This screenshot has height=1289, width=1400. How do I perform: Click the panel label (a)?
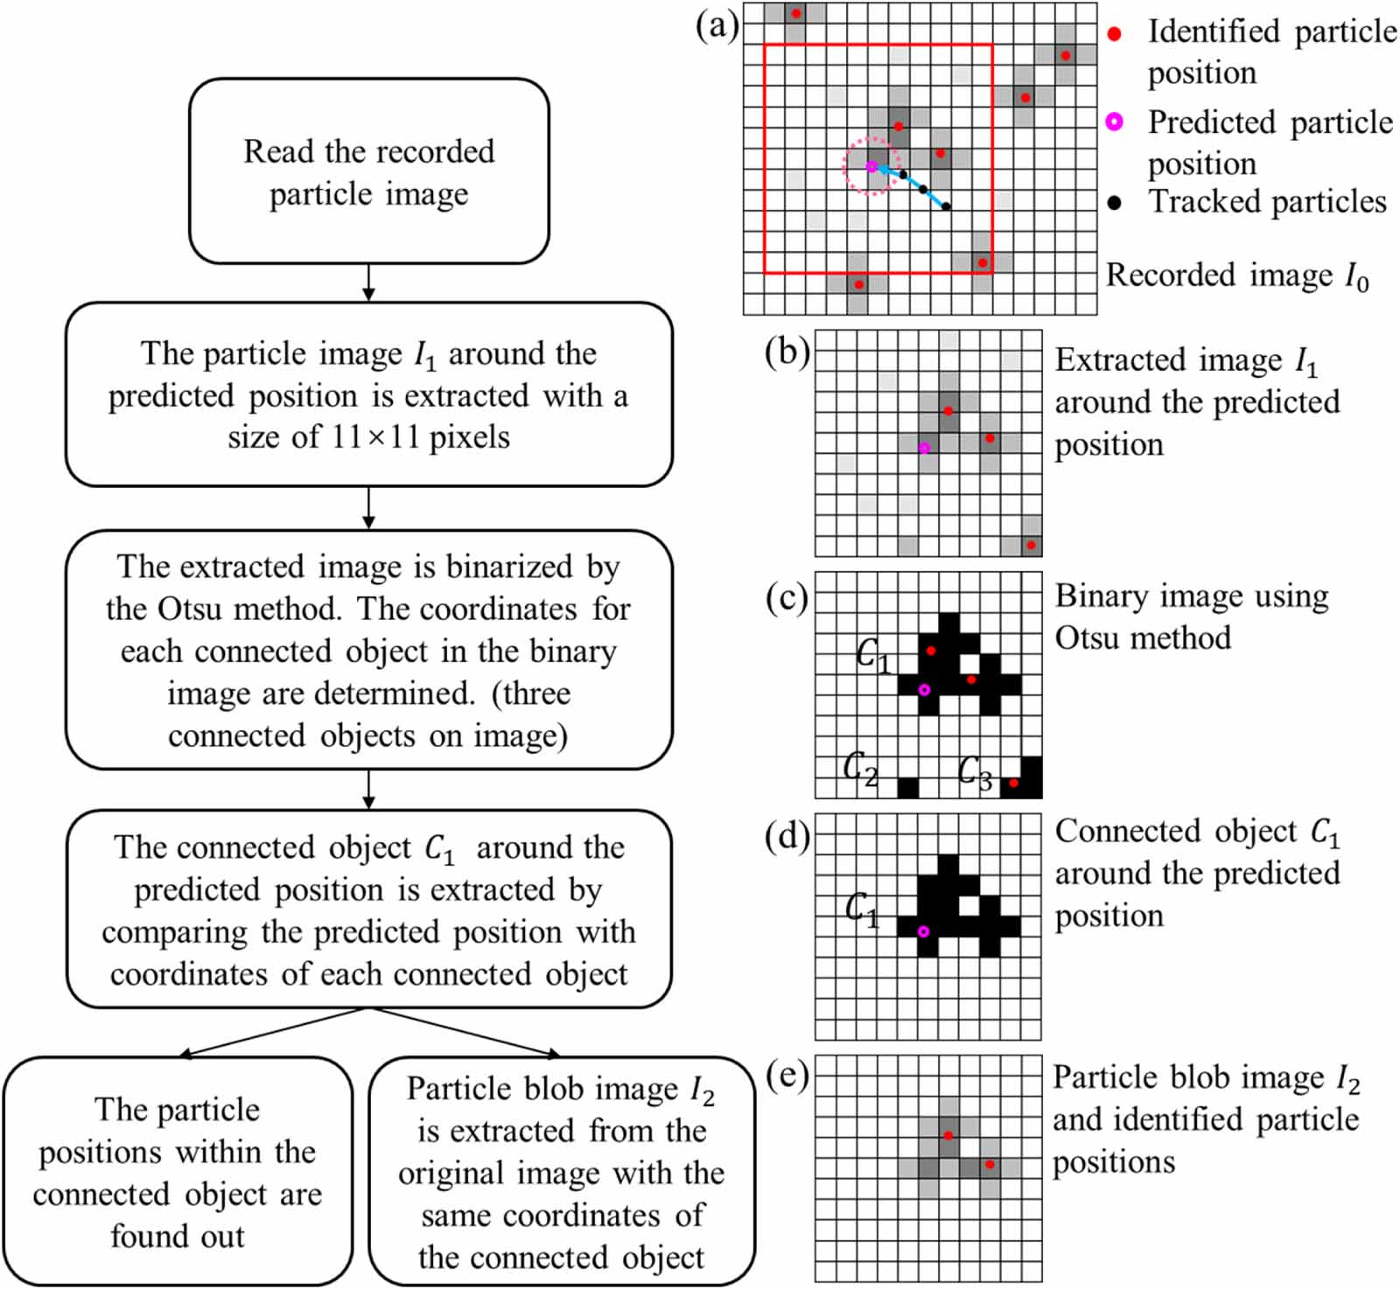coord(717,25)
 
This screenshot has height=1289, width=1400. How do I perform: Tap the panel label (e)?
coord(787,1075)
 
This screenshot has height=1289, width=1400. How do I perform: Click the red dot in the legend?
coord(1114,34)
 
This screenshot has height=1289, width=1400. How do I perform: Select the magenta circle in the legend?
coord(1114,122)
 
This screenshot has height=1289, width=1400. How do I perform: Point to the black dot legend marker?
coord(1114,203)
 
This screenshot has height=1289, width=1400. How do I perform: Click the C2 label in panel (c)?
coord(860,769)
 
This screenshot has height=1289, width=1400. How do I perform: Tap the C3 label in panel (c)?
coord(975,772)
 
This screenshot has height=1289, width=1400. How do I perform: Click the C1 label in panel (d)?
coord(862,909)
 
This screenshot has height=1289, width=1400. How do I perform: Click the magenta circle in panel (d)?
coord(923,931)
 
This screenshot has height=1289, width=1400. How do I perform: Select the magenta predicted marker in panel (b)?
coord(924,448)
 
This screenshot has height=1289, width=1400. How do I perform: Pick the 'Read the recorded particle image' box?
coord(368,171)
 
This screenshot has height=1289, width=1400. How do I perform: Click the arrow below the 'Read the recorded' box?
coord(368,282)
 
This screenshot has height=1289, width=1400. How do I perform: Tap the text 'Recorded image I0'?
coord(1235,275)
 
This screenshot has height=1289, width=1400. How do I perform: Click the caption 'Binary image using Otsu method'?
coord(1190,617)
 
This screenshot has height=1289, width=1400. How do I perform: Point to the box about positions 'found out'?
coord(178,1172)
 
